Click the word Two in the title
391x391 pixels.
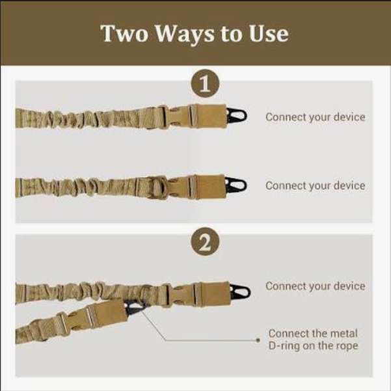(x=124, y=34)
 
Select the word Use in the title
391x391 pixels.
(x=268, y=34)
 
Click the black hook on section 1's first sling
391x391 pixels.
(x=237, y=116)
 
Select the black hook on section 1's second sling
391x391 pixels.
(x=237, y=185)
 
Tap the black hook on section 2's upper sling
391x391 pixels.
(x=240, y=291)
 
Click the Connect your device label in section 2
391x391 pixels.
(x=315, y=286)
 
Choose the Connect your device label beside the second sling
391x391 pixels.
(x=315, y=185)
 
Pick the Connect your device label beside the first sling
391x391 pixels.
(x=315, y=117)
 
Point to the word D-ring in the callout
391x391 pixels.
(x=284, y=345)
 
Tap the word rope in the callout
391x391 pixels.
(x=345, y=345)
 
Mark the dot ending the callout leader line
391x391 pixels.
(x=259, y=338)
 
